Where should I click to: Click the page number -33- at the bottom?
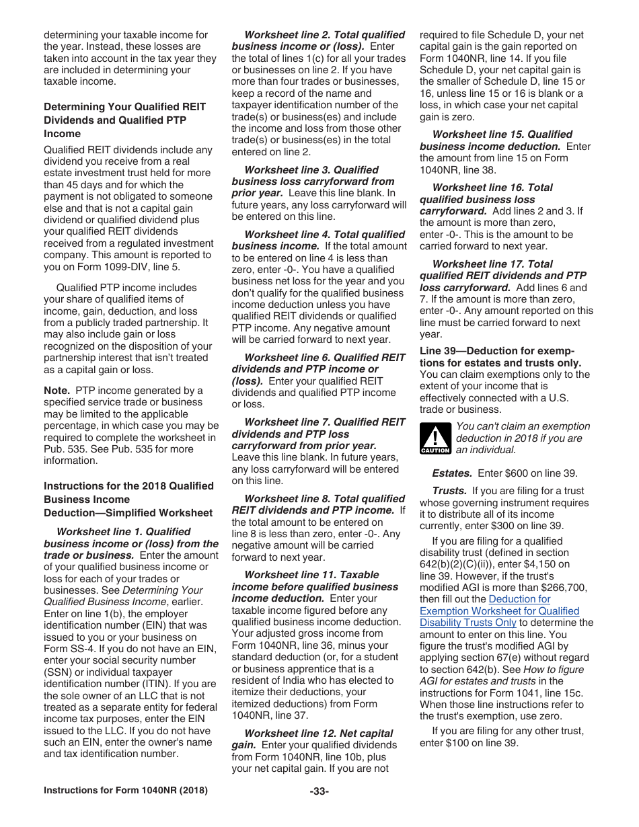pyautogui.click(x=319, y=791)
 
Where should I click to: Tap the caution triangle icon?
pyautogui.click(x=435, y=439)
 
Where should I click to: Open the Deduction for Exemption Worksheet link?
pyautogui.click(x=499, y=611)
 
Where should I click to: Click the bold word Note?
pyautogui.click(x=57, y=391)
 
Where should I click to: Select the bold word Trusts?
pyautogui.click(x=449, y=491)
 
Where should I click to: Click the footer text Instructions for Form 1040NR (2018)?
pyautogui.click(x=125, y=791)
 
